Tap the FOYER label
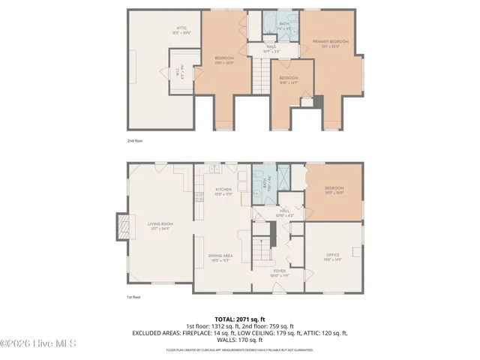[279, 272]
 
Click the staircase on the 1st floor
[261, 247]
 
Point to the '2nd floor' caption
[136, 140]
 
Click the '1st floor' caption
[135, 297]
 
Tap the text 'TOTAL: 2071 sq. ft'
[239, 319]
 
